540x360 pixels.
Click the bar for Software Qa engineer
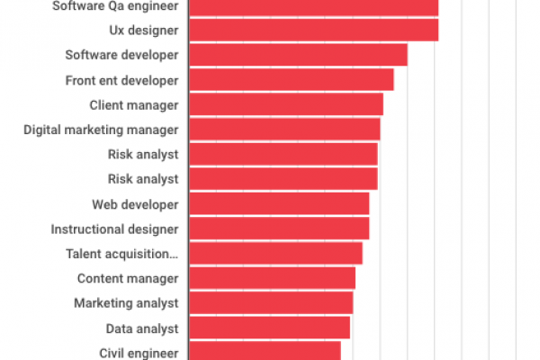tap(313, 7)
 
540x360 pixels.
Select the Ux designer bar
tap(313, 30)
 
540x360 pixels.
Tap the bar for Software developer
tap(298, 55)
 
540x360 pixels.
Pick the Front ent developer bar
tap(291, 80)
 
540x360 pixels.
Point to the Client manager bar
tap(286, 104)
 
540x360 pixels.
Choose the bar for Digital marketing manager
tap(284, 130)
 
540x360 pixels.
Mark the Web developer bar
tap(279, 203)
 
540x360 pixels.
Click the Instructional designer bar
tap(279, 229)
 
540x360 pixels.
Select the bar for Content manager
tap(272, 278)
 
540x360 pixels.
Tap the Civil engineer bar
tap(265, 351)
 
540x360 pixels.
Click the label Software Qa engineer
tap(127, 7)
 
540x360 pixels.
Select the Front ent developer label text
tap(121, 80)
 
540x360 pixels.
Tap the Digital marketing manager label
tap(101, 130)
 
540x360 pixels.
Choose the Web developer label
tap(135, 204)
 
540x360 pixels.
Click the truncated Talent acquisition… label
tap(121, 254)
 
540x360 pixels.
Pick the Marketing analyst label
tap(126, 303)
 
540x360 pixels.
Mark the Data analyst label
tap(142, 328)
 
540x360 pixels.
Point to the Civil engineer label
tap(139, 353)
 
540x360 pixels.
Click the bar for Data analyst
tap(269, 328)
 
